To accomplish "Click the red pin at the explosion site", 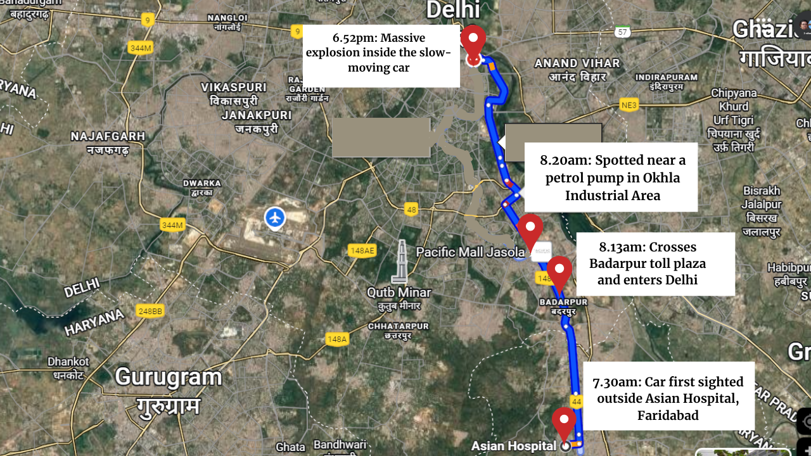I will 473,42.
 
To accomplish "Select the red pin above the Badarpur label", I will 559,272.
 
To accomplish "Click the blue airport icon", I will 274,218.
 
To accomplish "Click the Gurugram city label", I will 169,377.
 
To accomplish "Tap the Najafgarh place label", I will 108,136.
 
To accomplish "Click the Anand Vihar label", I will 577,63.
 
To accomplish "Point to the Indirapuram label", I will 666,77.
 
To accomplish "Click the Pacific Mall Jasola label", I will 470,252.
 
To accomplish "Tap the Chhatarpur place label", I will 399,326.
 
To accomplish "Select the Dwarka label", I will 202,183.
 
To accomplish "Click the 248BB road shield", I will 150,311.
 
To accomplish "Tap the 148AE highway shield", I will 361,251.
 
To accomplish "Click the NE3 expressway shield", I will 629,105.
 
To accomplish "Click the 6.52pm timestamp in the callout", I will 354,38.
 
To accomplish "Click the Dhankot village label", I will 68,362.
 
